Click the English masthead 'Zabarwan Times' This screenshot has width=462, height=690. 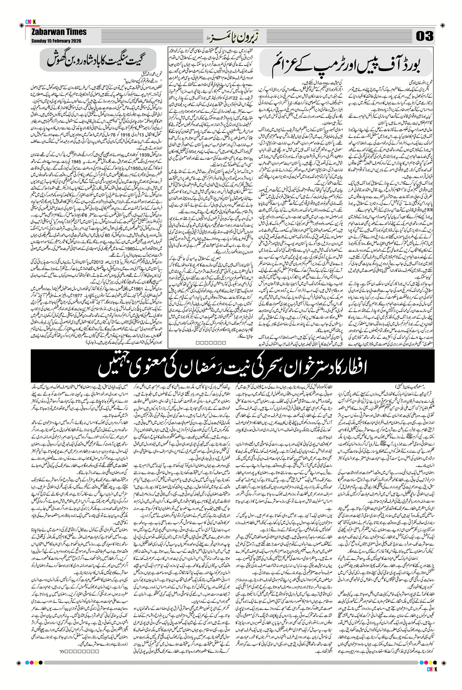(x=59, y=32)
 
